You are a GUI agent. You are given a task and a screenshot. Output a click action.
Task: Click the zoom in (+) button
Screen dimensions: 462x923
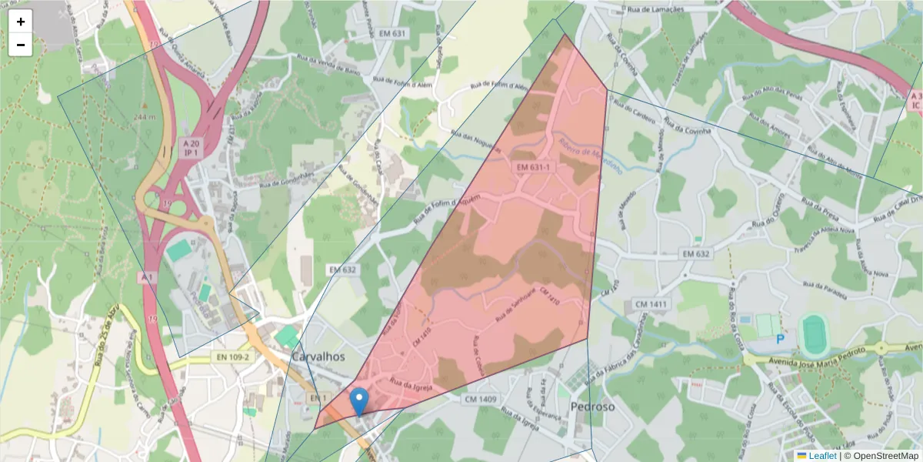click(x=21, y=22)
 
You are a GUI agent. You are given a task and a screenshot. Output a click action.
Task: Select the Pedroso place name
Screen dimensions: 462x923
click(x=592, y=406)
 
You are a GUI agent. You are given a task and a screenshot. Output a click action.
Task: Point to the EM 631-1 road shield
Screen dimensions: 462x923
click(x=533, y=166)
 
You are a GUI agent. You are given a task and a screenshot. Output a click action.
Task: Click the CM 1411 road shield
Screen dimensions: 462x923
click(x=650, y=305)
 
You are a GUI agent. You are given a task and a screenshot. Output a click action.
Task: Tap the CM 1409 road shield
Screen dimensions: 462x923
click(x=481, y=399)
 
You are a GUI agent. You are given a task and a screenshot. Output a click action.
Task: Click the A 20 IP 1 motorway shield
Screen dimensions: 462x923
click(x=191, y=148)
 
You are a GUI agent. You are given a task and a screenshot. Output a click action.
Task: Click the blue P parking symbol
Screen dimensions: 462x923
click(x=780, y=339)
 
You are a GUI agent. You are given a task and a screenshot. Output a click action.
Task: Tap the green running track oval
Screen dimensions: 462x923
click(x=815, y=334)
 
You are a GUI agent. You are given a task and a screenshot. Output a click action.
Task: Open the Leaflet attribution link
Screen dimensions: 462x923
click(x=822, y=456)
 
